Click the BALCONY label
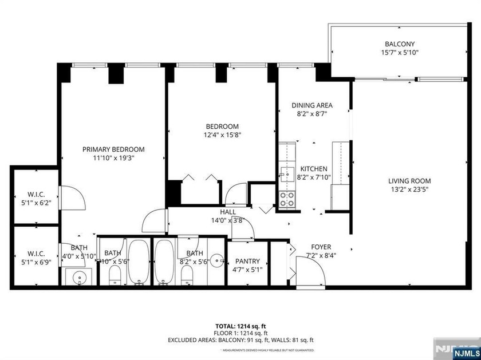coord(399,43)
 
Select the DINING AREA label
coord(312,105)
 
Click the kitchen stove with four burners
coord(287,199)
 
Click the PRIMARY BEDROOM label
coord(112,149)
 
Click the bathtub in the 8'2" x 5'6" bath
coord(164,262)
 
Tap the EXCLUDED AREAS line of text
coord(240,340)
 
